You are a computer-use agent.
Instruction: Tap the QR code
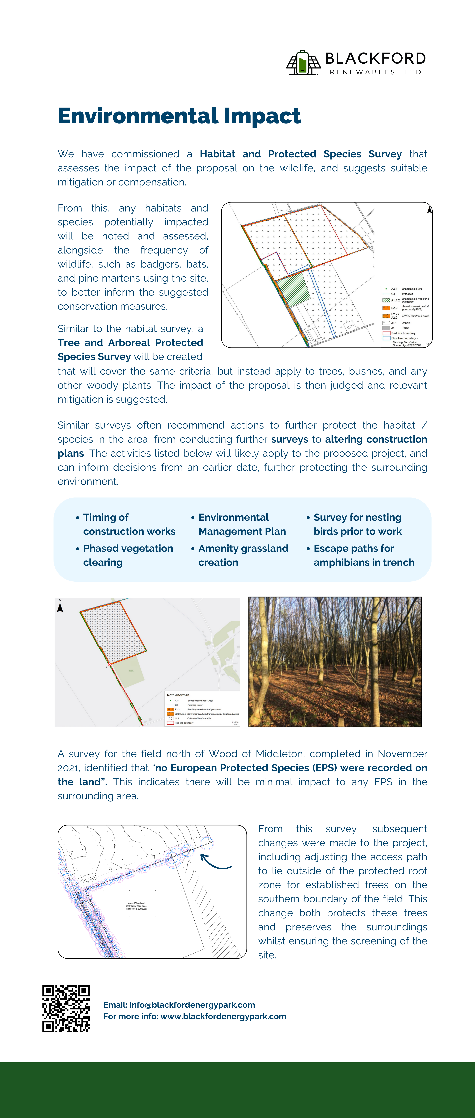click(x=66, y=1009)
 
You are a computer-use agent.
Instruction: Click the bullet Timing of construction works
click(x=129, y=524)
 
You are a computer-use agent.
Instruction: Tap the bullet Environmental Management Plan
click(x=242, y=524)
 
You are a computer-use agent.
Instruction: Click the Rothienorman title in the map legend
click(x=178, y=695)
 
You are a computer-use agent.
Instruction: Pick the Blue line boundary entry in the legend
click(x=403, y=338)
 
